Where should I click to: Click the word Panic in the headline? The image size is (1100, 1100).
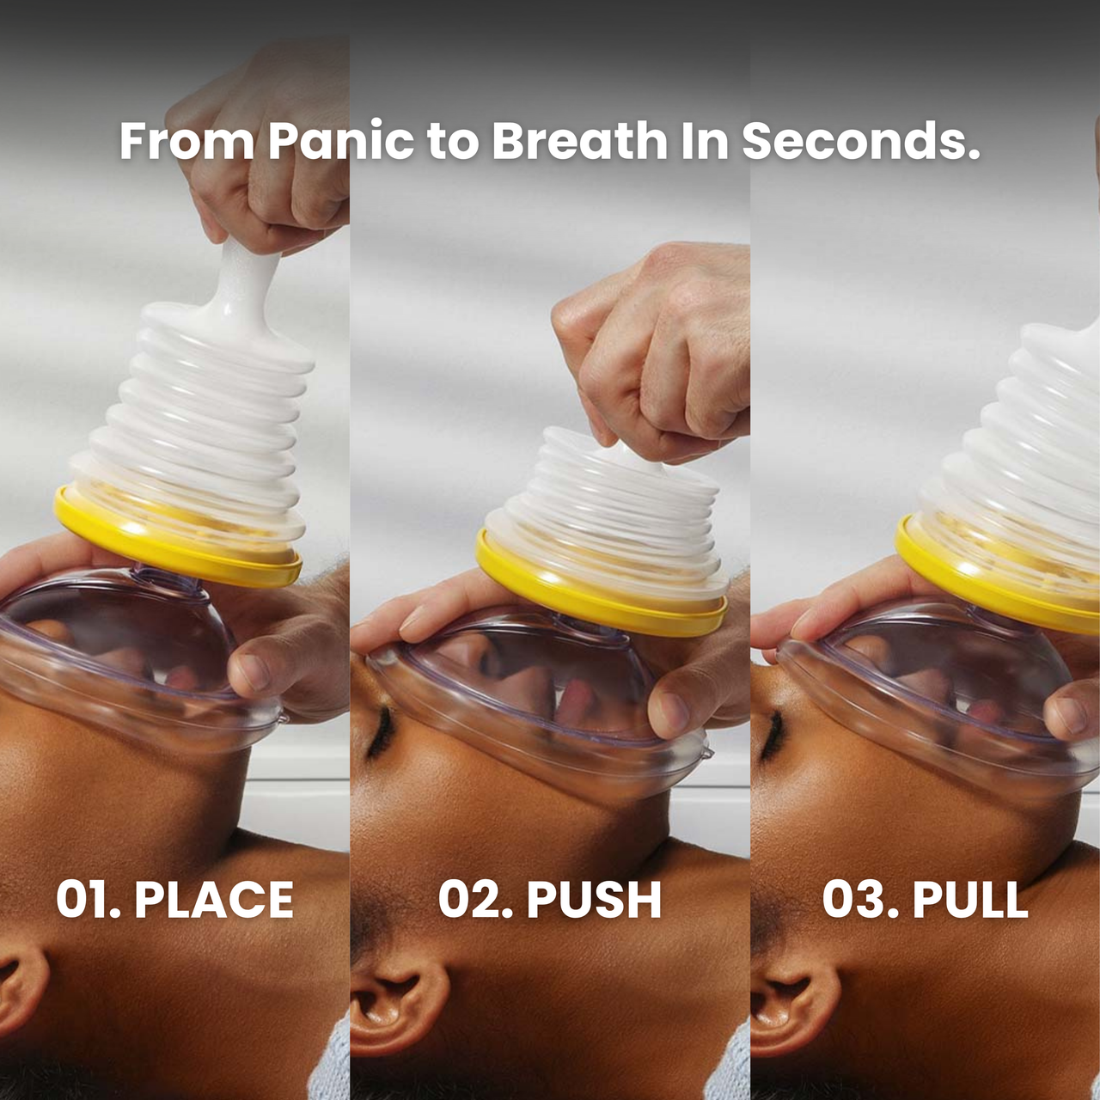click(341, 141)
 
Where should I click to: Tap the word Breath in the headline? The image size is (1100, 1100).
click(579, 141)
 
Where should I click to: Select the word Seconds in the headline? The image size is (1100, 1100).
click(861, 141)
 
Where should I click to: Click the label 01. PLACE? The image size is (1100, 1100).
click(174, 900)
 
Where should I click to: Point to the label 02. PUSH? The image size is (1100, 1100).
click(550, 900)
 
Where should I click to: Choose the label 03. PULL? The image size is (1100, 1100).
click(926, 900)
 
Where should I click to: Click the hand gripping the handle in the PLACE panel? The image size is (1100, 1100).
click(263, 149)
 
